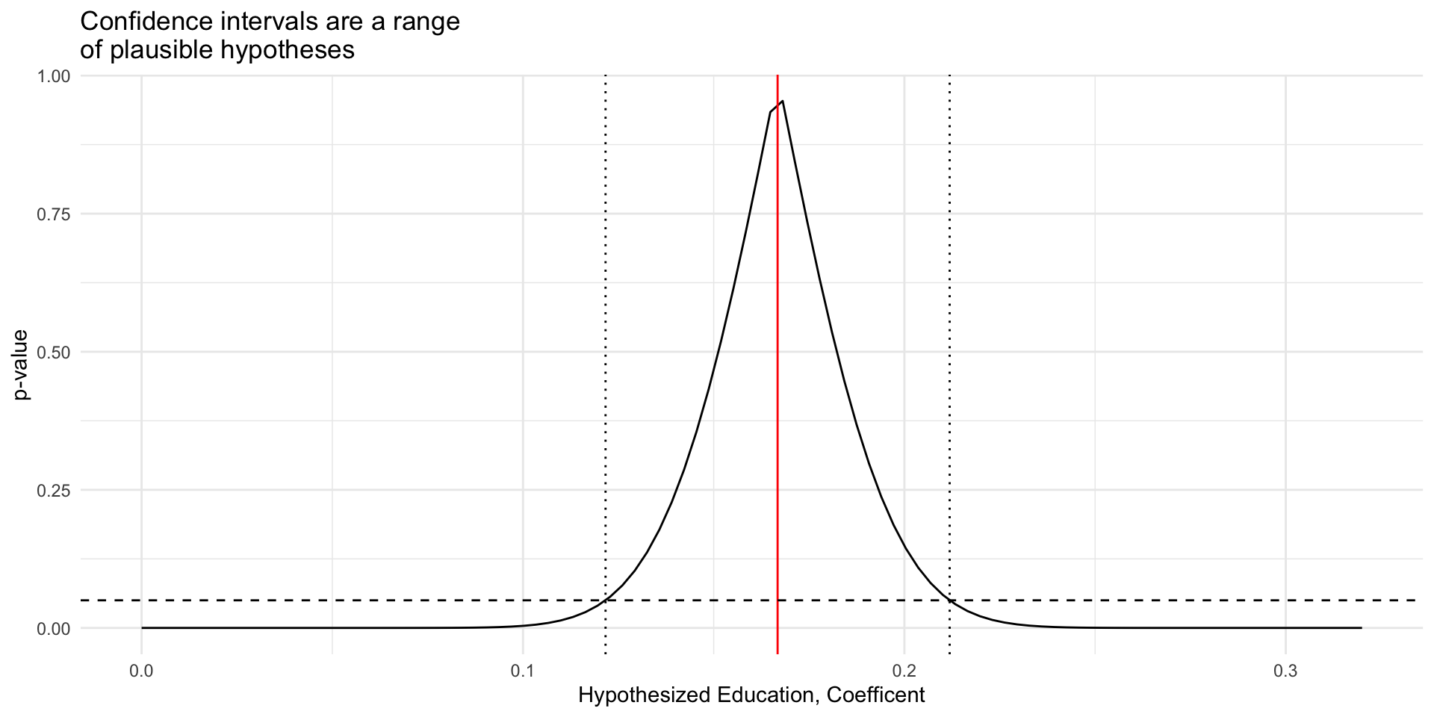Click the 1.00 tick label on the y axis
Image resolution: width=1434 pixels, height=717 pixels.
point(54,76)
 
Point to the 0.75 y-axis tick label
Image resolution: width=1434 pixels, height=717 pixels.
point(54,214)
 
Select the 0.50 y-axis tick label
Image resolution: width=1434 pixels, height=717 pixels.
point(54,353)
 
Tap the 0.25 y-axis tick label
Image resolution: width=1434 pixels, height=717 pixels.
point(54,491)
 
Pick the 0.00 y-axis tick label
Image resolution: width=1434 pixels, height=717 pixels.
point(54,629)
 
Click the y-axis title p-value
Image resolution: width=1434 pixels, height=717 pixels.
point(22,364)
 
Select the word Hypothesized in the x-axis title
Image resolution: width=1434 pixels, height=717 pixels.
point(644,696)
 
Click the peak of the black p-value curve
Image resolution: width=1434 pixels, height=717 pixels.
point(782,101)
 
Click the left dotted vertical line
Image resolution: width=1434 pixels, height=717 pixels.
point(605,336)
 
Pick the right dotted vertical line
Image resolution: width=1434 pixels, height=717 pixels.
point(949,336)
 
